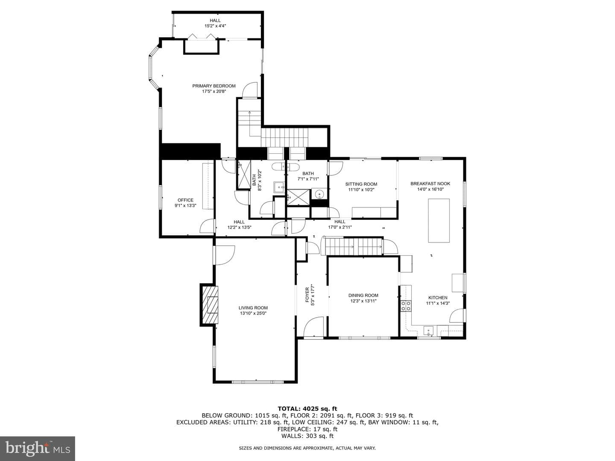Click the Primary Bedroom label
[x=214, y=86]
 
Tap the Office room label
[x=185, y=200]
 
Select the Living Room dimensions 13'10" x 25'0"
[x=253, y=313]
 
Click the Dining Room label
[x=363, y=295]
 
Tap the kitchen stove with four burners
[x=406, y=306]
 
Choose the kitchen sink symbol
[x=428, y=331]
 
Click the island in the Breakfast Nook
[x=439, y=221]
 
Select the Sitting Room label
[x=361, y=184]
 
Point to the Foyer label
[x=307, y=295]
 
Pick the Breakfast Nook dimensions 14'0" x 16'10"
[x=430, y=189]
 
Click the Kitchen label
[x=438, y=298]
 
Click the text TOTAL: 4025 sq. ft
[x=307, y=408]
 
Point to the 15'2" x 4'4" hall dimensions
[x=215, y=26]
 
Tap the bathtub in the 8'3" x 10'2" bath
[x=285, y=166]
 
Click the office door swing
[x=207, y=226]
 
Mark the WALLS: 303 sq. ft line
[x=307, y=436]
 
